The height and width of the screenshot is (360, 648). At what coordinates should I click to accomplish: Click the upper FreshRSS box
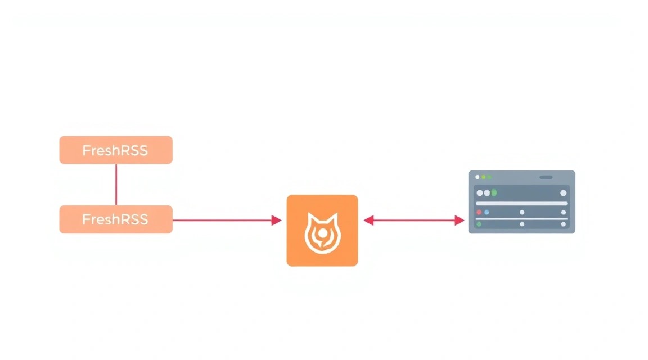click(116, 150)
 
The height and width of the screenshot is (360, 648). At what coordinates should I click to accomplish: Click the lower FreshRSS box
click(116, 219)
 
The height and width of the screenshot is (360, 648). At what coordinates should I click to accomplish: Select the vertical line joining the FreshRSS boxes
click(116, 184)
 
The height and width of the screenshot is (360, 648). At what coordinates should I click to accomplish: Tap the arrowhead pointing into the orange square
click(277, 220)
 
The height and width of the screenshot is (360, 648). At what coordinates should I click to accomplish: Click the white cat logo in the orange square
click(323, 233)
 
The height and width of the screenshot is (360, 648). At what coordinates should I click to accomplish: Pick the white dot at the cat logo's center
click(323, 234)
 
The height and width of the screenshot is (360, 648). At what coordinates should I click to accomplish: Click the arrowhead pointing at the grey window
click(459, 220)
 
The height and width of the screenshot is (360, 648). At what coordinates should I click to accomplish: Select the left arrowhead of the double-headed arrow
click(368, 220)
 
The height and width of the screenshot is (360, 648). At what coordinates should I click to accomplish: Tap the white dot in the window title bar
click(478, 177)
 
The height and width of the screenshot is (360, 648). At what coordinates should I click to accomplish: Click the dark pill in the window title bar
click(546, 177)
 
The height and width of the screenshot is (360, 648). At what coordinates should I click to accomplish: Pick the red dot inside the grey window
click(479, 212)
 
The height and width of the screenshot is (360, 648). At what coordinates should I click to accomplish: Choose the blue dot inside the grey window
click(487, 212)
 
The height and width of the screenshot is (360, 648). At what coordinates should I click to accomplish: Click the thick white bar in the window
click(521, 204)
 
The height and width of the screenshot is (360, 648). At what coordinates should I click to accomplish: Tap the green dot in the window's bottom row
click(479, 224)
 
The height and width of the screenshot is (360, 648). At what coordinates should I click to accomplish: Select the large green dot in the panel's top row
click(494, 192)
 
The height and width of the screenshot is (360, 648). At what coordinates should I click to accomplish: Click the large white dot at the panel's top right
click(563, 193)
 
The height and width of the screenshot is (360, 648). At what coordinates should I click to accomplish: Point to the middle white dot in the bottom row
click(522, 224)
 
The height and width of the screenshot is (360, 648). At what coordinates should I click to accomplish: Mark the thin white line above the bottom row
click(521, 219)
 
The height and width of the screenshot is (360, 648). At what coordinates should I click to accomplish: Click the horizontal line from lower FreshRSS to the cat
click(222, 220)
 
